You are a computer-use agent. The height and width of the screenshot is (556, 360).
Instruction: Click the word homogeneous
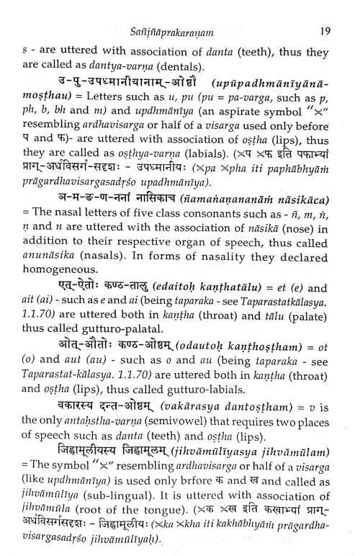(x=66, y=311)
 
